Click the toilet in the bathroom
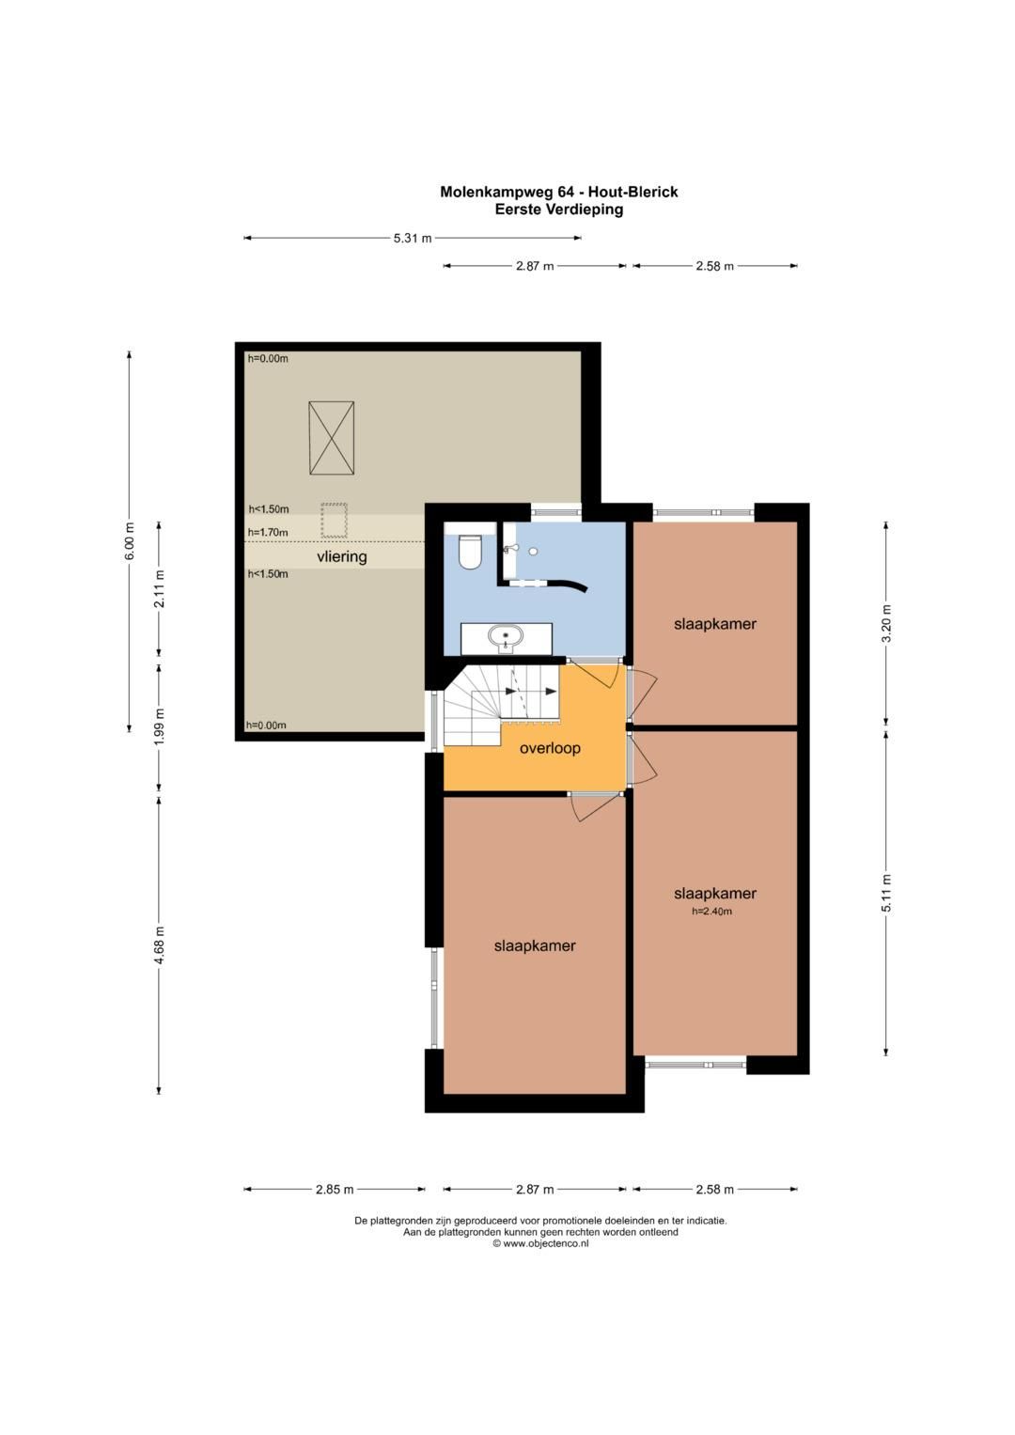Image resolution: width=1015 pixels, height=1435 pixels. coord(471,552)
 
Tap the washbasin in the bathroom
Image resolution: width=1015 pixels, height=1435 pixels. coord(506,638)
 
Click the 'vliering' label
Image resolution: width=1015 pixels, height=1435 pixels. coord(342,556)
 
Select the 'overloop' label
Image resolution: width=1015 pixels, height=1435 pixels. coord(550,748)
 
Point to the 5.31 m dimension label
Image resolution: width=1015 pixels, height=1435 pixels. coord(412,239)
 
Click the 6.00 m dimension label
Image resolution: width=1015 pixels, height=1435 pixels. coord(130,541)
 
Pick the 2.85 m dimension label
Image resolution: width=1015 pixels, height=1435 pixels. coord(335,1190)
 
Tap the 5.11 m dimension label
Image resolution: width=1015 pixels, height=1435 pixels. coord(887,893)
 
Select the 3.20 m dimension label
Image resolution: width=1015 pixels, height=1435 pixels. coord(887,624)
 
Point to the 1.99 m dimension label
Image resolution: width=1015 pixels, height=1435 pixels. coord(160,727)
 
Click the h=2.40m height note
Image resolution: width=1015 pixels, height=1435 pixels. coord(711,911)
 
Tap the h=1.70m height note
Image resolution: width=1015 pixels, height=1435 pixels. coord(268,532)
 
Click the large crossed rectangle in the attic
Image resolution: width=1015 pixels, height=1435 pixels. coord(331,438)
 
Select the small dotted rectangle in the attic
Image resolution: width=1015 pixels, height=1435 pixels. coord(334,521)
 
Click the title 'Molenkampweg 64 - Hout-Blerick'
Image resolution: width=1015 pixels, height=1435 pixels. coord(559,193)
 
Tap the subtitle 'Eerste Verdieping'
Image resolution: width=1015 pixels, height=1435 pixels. coord(559,210)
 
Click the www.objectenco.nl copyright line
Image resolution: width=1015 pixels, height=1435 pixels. coord(540,1243)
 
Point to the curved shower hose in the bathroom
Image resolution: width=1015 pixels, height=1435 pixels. coord(565,584)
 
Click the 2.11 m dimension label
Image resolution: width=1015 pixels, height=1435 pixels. coord(160,589)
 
